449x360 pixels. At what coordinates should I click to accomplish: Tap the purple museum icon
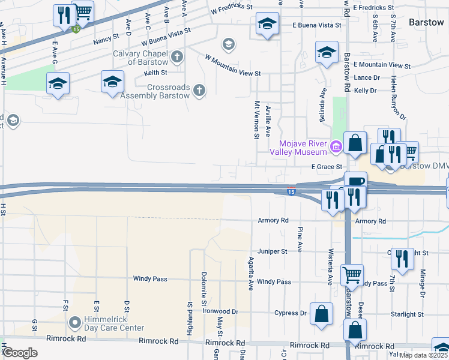[x=336, y=145]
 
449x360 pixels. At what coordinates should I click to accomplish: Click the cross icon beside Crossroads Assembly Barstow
[x=200, y=91]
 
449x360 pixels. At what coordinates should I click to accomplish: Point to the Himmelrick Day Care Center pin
[x=75, y=323]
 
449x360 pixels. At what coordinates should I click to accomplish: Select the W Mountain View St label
[x=233, y=65]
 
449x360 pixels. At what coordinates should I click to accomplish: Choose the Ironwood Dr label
[x=220, y=312]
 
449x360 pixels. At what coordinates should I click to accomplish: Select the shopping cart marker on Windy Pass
[x=352, y=275]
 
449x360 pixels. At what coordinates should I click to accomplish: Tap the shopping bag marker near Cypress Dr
[x=322, y=314]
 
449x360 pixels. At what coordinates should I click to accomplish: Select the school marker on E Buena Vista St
[x=267, y=24]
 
